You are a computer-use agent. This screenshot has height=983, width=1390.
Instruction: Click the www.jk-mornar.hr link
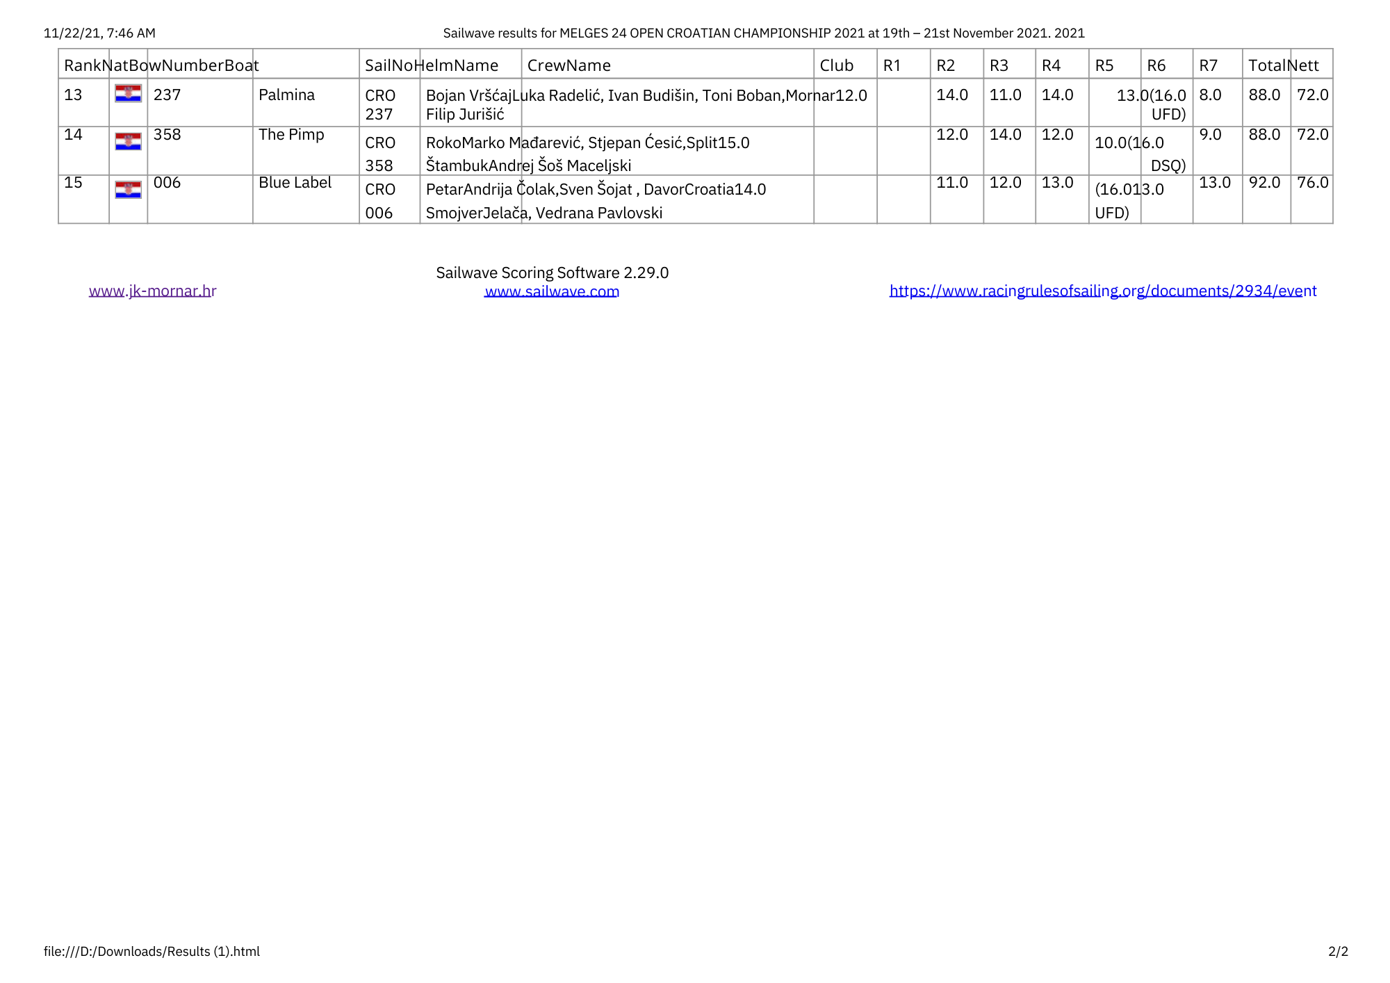pyautogui.click(x=152, y=291)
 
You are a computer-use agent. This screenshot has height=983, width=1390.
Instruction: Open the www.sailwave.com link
pyautogui.click(x=552, y=291)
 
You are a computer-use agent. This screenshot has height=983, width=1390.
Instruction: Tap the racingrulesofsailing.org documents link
pyautogui.click(x=1103, y=291)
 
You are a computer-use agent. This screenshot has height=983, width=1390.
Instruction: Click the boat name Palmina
pyautogui.click(x=286, y=95)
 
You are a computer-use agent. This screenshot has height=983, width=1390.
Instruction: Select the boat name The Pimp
pyautogui.click(x=291, y=135)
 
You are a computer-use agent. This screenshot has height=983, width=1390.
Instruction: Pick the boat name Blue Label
pyautogui.click(x=295, y=183)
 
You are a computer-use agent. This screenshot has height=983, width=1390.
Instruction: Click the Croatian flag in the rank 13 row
pyautogui.click(x=128, y=94)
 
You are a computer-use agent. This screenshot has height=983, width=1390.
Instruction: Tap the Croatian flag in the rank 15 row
pyautogui.click(x=128, y=190)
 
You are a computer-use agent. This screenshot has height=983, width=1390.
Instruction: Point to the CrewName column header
pyautogui.click(x=569, y=65)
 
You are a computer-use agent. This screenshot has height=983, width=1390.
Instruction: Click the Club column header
pyautogui.click(x=836, y=65)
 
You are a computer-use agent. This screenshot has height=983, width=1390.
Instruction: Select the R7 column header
pyautogui.click(x=1208, y=65)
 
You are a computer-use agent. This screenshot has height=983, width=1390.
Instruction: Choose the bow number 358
pyautogui.click(x=167, y=135)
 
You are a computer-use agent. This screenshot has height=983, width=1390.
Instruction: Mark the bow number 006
pyautogui.click(x=167, y=183)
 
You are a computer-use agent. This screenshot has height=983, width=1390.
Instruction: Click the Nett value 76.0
pyautogui.click(x=1312, y=183)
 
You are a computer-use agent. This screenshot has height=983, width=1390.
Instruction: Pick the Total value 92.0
pyautogui.click(x=1264, y=183)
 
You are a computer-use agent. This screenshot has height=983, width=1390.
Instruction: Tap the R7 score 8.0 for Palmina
pyautogui.click(x=1210, y=95)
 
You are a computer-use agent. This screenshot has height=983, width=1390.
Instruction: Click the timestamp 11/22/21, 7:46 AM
pyautogui.click(x=99, y=33)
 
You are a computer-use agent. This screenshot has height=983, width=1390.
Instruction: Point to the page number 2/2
pyautogui.click(x=1338, y=951)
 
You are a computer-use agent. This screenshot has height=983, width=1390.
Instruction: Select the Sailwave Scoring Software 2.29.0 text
pyautogui.click(x=552, y=273)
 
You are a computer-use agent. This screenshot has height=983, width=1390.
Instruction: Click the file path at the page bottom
pyautogui.click(x=152, y=951)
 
